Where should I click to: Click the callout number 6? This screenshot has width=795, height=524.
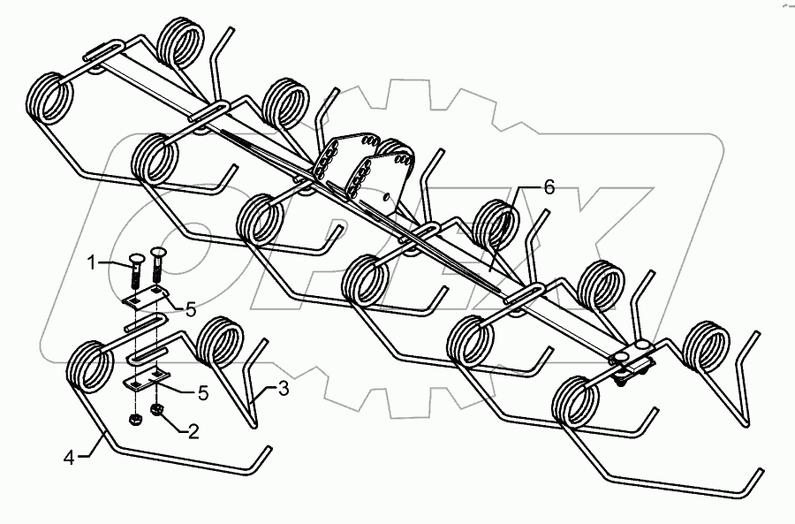tap(549, 188)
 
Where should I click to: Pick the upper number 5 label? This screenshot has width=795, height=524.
tap(189, 308)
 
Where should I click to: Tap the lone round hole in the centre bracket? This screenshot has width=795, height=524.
tap(386, 194)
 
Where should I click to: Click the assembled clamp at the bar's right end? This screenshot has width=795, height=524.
tap(631, 359)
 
